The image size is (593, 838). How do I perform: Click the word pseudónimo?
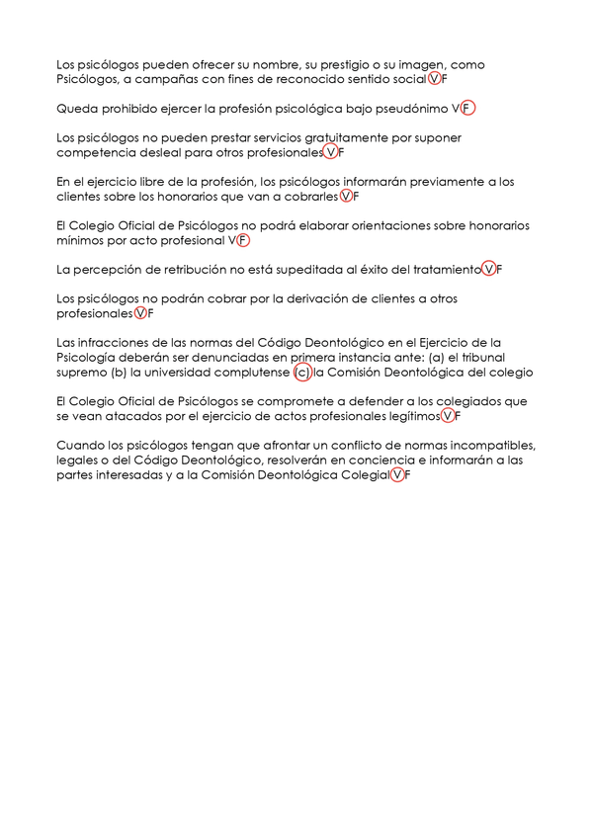[415, 109]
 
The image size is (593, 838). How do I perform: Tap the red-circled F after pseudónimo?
[467, 109]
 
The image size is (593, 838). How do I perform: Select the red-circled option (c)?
[302, 373]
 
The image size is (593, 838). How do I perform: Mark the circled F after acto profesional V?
[243, 240]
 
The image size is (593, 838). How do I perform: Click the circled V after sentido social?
[436, 79]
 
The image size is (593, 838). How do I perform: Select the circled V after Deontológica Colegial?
[397, 475]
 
